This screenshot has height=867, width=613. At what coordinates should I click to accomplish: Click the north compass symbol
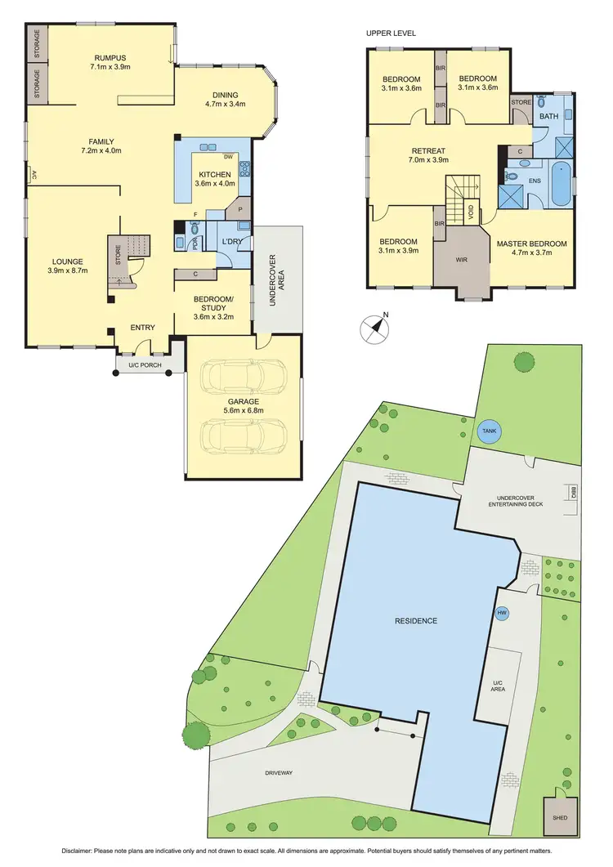click(375, 327)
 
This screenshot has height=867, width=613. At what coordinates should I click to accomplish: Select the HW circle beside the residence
click(501, 613)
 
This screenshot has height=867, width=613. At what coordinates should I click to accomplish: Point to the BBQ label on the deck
click(574, 493)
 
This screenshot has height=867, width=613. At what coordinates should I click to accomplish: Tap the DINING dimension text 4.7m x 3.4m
click(225, 105)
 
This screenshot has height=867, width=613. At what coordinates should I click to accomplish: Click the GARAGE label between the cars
click(244, 401)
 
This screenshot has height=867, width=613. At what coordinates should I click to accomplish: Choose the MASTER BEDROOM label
click(531, 244)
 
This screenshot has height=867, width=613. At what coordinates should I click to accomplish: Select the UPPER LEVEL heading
click(392, 34)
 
